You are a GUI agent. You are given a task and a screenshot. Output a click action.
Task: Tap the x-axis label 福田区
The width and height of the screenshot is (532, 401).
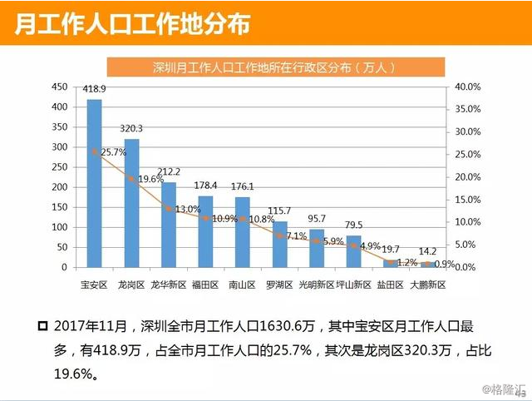coord(204,285)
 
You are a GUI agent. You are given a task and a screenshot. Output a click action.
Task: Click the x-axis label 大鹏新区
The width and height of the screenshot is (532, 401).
coord(428,285)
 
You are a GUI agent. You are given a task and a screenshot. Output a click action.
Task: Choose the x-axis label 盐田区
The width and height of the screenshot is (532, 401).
coord(391,285)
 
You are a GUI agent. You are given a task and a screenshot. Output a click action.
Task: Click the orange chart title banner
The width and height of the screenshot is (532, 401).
coord(274,66)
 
